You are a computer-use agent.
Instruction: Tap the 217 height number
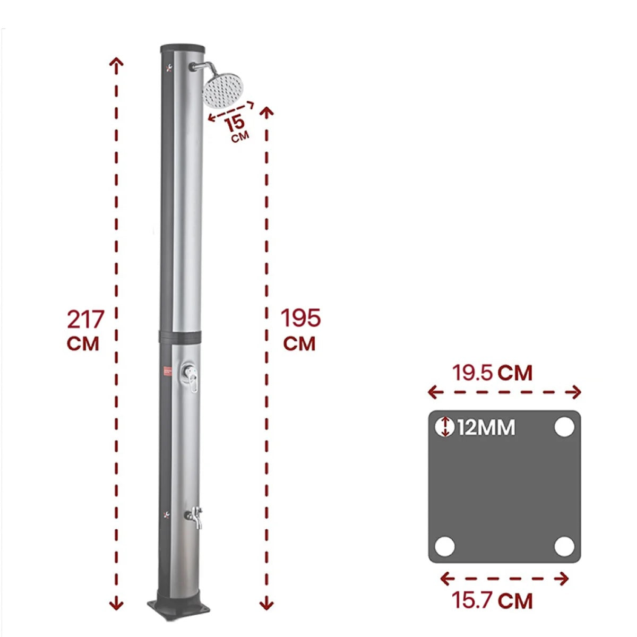pos(85,320)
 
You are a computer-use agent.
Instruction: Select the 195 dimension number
pos(300,318)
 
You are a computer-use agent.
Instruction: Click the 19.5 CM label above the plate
pos(492,373)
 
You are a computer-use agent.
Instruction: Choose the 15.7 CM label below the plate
pos(492,601)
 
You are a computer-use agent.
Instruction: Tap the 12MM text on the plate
pos(486,427)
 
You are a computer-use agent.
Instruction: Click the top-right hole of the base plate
pos(564,427)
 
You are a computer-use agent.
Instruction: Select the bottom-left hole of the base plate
pos(445,546)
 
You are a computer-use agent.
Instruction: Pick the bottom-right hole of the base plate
pos(564,546)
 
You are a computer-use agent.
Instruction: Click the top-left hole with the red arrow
pos(445,427)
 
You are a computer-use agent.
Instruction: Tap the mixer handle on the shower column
pos(191,378)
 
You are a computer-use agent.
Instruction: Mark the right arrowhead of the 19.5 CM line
pos(576,393)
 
